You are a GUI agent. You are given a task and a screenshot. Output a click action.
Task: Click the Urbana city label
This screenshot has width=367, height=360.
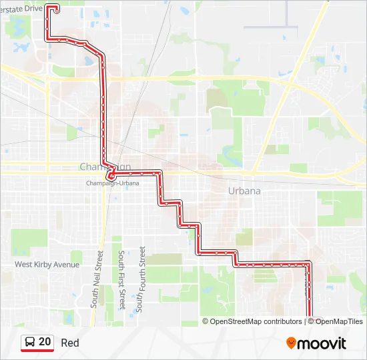point(244,191)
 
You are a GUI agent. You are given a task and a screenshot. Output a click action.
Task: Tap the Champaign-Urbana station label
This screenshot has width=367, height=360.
point(111,183)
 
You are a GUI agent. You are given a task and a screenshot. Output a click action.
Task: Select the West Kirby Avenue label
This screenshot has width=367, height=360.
point(47,265)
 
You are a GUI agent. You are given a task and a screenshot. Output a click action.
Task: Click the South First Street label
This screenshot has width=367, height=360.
point(121,280)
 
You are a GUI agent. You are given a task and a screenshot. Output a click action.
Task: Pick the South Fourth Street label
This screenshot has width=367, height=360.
point(141,279)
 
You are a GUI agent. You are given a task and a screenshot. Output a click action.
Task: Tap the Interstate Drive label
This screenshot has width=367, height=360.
point(21,9)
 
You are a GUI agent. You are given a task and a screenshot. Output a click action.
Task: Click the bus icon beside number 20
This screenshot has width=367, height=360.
point(30,343)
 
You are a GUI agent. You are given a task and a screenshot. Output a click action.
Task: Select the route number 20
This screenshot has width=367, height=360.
point(45,342)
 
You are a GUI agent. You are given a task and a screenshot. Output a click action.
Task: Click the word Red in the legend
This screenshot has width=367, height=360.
point(70,343)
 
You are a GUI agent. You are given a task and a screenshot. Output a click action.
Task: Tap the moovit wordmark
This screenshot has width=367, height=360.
point(323,344)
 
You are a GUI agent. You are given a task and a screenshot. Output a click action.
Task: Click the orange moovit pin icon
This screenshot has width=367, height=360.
point(292,343)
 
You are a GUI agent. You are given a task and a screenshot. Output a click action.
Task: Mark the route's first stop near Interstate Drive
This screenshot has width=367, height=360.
point(57,10)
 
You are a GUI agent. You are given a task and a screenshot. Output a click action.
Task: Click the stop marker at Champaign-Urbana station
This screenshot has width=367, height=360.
point(111,175)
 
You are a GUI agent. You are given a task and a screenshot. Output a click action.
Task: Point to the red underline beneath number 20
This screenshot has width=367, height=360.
point(37,351)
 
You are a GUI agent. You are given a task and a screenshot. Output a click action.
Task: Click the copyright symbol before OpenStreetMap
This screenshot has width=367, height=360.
point(206,321)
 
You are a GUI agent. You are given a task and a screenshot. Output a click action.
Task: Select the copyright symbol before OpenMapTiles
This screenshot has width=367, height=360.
point(310,321)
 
